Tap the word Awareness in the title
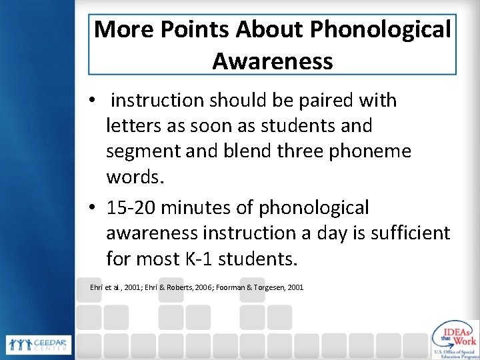coord(272,61)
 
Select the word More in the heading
coord(121,29)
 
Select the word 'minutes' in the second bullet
coord(202,208)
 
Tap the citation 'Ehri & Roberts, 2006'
coord(187,287)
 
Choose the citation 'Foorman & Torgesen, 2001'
coord(265,287)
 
